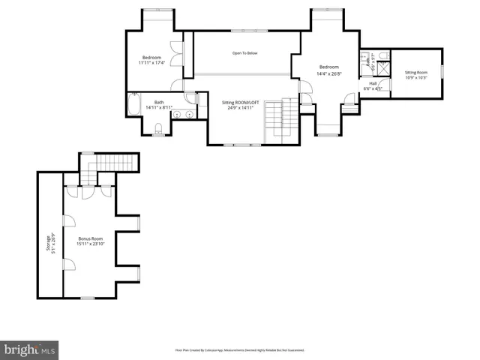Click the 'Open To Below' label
(x=245, y=53)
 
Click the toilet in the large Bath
(x=157, y=132)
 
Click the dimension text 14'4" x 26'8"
(x=328, y=73)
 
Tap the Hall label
(x=373, y=83)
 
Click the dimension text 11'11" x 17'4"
(x=153, y=63)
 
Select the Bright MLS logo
(x=30, y=349)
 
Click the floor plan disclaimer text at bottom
(x=239, y=349)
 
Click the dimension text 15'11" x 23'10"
(x=91, y=244)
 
